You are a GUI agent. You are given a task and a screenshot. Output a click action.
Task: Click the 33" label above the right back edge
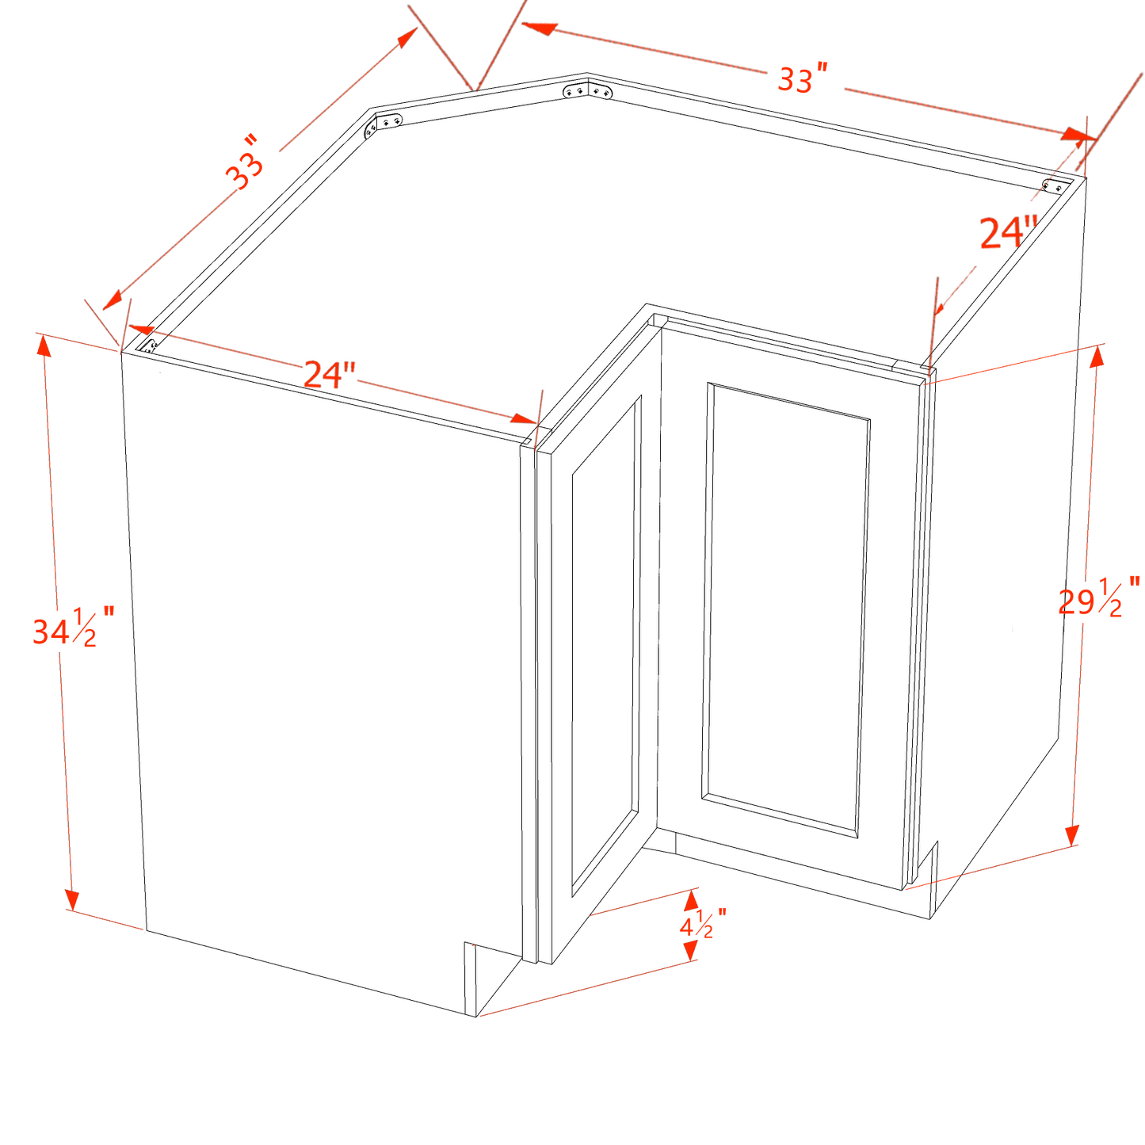tap(802, 79)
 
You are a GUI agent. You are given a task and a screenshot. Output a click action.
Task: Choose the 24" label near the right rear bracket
tap(1008, 234)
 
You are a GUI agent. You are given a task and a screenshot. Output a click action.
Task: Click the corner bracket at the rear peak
tap(587, 92)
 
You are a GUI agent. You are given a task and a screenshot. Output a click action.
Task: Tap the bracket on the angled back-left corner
tap(383, 125)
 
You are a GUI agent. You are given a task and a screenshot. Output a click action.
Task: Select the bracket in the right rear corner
tap(1055, 186)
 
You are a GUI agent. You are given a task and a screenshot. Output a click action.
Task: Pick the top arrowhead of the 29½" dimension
tap(1097, 355)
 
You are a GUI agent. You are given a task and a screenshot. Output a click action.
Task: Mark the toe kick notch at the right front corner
tap(922, 880)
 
